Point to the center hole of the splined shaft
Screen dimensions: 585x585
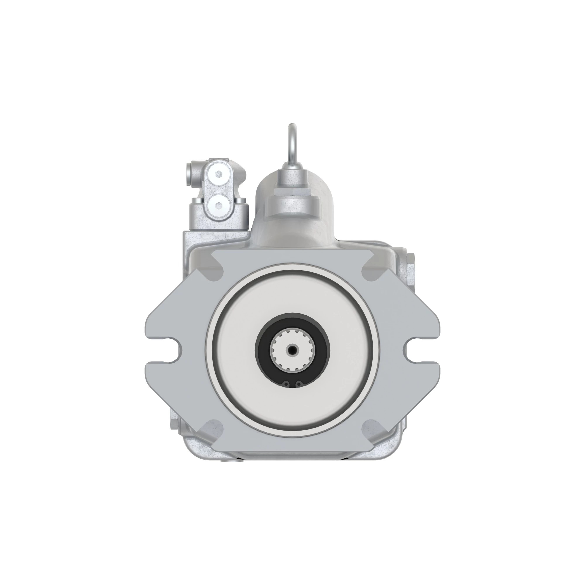point(292,350)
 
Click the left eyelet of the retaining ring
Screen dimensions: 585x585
point(286,385)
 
